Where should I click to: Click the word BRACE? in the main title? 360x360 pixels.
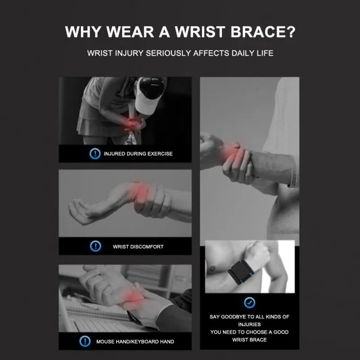263,31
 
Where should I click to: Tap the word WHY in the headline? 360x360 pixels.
83,31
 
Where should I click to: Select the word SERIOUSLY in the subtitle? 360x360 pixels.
168,53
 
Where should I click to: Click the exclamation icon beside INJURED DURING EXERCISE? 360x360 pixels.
95,153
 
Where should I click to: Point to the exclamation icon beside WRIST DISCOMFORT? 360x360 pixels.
95,246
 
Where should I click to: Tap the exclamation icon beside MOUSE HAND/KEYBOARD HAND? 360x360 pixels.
85,341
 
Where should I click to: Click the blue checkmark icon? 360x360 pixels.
250,302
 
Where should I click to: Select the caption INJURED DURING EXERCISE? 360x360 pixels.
138,153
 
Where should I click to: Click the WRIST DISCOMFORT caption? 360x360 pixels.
138,247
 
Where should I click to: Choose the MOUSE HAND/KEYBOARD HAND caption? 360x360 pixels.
135,342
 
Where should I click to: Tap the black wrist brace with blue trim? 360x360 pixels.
241,273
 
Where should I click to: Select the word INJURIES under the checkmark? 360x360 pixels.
249,324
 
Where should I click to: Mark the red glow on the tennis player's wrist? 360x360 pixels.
130,124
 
